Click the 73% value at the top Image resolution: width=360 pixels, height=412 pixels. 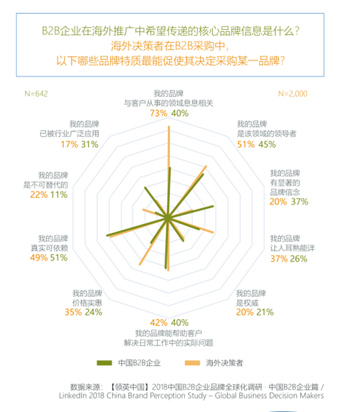(159, 113)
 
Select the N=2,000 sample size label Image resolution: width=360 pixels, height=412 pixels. (292, 94)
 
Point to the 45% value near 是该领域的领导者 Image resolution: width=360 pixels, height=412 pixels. (268, 144)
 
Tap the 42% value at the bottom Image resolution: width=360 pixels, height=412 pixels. (159, 322)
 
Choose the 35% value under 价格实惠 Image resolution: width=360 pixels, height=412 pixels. (74, 312)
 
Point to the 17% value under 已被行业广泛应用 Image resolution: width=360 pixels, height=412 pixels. (68, 144)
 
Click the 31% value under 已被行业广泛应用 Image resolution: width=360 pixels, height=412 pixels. (90, 144)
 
